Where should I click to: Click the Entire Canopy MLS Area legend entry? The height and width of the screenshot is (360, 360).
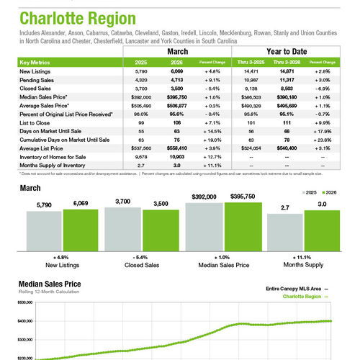[x=295, y=287]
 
